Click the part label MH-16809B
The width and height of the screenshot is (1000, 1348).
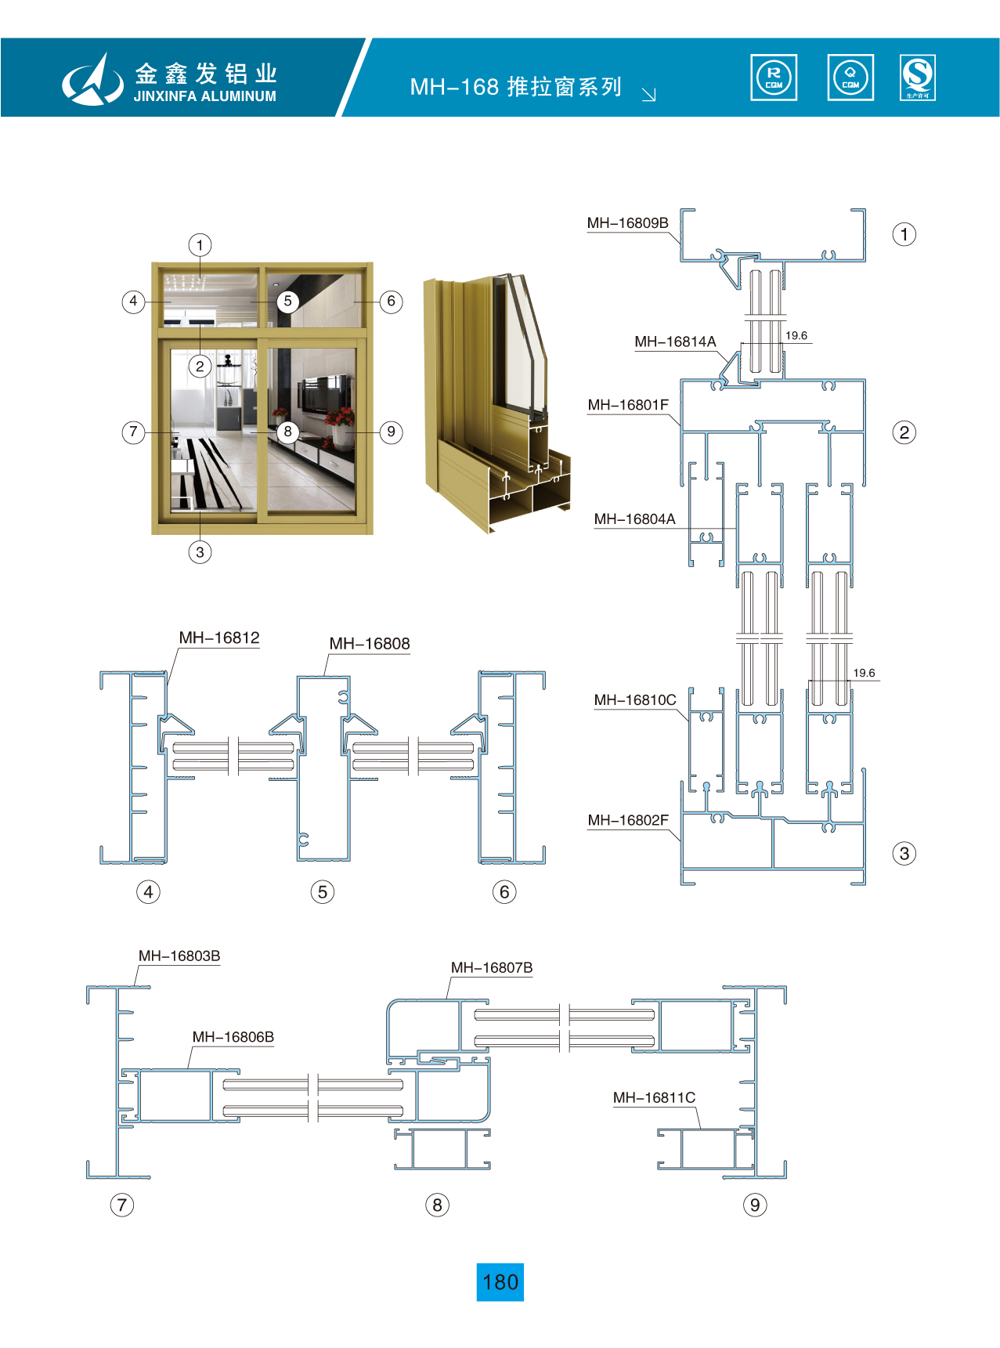627,223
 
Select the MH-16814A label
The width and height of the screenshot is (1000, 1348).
675,342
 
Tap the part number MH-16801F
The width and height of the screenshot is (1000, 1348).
628,405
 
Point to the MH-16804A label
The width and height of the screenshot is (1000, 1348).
634,519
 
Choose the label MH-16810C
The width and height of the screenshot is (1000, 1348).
634,700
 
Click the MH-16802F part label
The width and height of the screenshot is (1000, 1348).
628,821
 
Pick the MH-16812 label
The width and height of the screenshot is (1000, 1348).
219,638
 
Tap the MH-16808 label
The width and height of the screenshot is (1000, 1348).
370,644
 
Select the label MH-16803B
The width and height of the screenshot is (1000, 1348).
179,956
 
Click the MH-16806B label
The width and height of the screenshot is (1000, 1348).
233,1037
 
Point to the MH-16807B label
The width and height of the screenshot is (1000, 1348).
492,968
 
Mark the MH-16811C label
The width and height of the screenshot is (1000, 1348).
654,1098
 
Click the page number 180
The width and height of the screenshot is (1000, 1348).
500,1282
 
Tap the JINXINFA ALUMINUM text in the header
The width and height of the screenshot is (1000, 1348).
205,97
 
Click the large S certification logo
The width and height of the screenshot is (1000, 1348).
918,77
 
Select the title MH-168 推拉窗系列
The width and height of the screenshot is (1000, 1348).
515,87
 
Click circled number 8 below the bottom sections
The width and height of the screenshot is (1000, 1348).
437,1205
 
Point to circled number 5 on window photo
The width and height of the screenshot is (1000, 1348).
287,302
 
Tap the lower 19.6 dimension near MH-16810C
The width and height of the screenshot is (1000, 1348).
864,673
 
